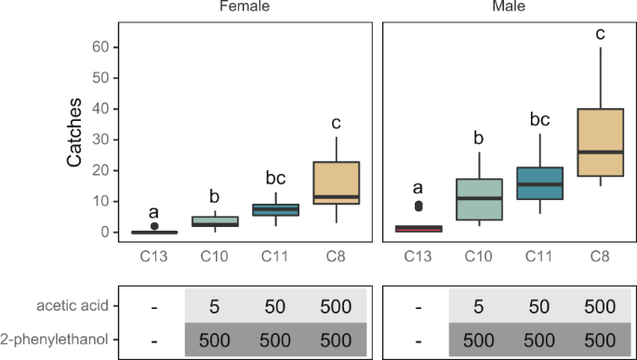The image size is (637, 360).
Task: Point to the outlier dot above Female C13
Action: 154,226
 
